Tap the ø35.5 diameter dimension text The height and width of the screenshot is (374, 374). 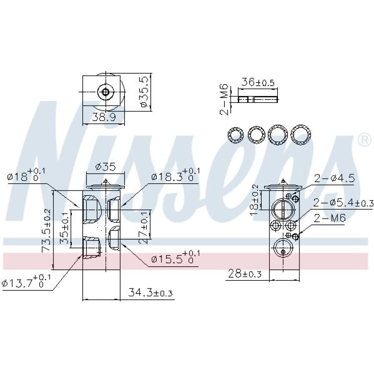(x=145, y=92)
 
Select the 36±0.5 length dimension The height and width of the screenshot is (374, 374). (x=258, y=82)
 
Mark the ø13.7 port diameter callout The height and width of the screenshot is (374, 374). (x=26, y=282)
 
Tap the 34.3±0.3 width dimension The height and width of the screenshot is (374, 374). (x=150, y=292)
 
